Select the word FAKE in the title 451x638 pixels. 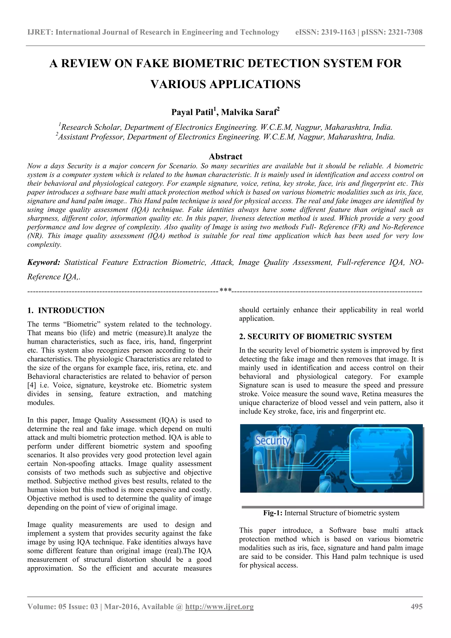point(152,63)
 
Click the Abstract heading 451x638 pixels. point(225,156)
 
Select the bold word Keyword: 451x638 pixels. point(44,262)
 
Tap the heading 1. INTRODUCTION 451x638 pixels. point(66,310)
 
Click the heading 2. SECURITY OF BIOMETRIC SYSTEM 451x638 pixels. point(316,336)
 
